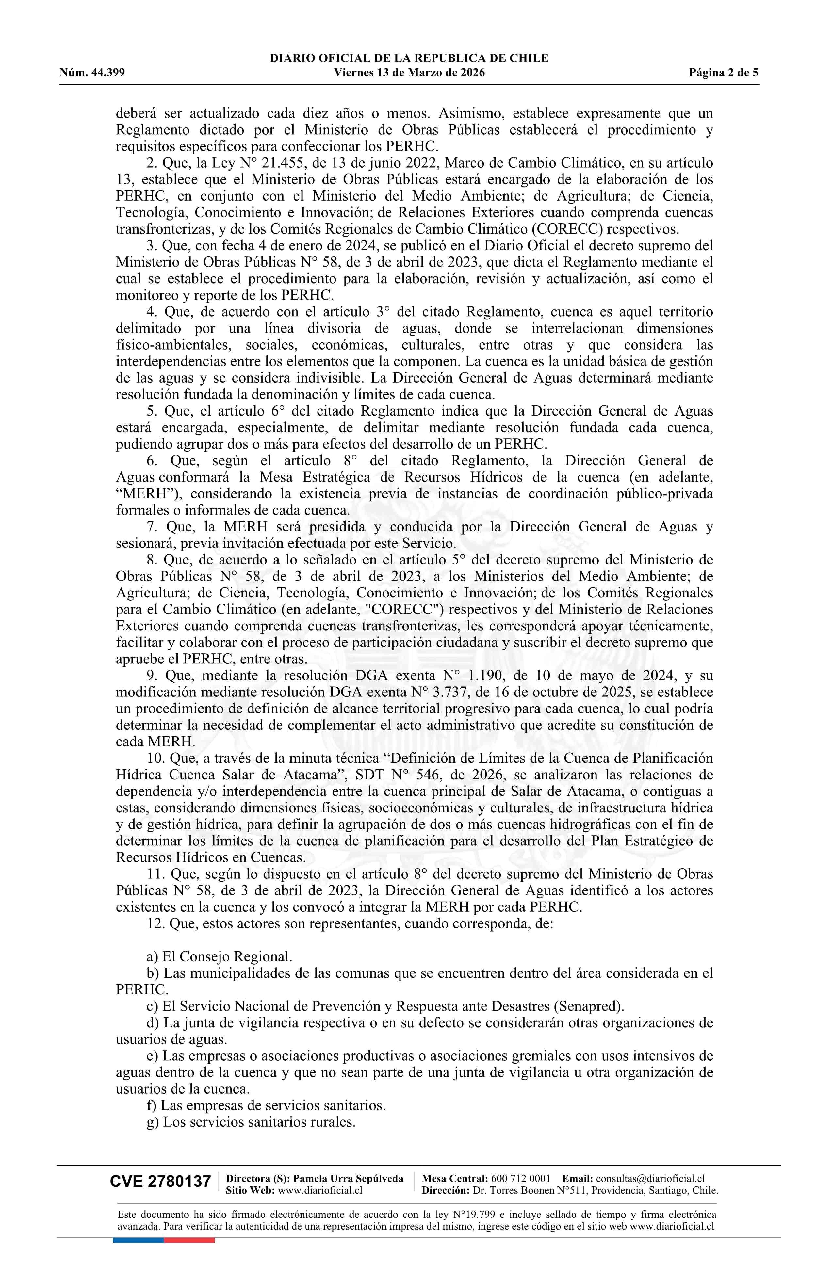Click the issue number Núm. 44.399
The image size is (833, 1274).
[92, 73]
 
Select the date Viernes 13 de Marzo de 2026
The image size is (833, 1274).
[409, 73]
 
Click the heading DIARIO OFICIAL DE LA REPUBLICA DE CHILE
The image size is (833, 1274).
[409, 58]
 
